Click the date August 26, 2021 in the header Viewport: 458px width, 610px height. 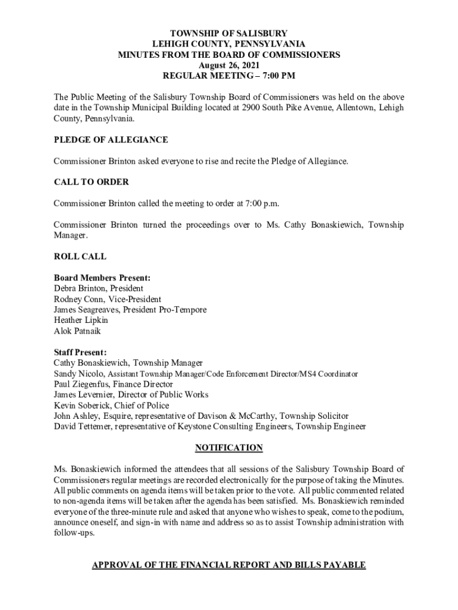pyautogui.click(x=229, y=66)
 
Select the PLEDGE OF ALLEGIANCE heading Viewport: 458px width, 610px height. pyautogui.click(x=111, y=140)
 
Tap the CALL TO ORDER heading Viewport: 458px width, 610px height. pyautogui.click(x=91, y=182)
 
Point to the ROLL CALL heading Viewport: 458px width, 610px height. pyautogui.click(x=80, y=257)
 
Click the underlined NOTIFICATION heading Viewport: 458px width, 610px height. pyautogui.click(x=229, y=448)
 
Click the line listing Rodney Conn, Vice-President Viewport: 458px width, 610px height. pyautogui.click(x=107, y=299)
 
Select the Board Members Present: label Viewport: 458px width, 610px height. pyautogui.click(x=102, y=278)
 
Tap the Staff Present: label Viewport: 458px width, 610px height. pyautogui.click(x=80, y=352)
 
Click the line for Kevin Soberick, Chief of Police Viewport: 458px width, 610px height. pyautogui.click(x=111, y=406)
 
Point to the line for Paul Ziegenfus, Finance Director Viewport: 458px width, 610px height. pyautogui.click(x=113, y=384)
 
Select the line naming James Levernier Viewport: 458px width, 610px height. pyautogui.click(x=131, y=395)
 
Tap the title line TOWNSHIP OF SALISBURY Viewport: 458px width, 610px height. pyautogui.click(x=229, y=34)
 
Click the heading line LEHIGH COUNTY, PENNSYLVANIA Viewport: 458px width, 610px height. pyautogui.click(x=229, y=45)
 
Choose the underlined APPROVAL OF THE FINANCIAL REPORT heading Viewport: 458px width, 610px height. pyautogui.click(x=229, y=564)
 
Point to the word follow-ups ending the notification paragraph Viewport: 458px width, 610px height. pyautogui.click(x=74, y=533)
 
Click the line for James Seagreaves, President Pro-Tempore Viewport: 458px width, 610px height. pyautogui.click(x=130, y=310)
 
